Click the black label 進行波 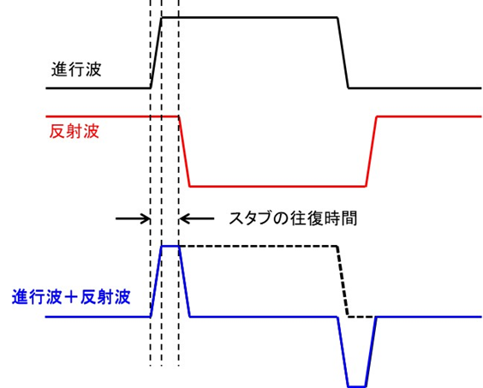(75, 69)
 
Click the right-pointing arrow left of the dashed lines (132, 218)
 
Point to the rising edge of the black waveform (156, 52)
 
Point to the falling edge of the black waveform (343, 52)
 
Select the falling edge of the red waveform (183, 151)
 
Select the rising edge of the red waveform (372, 151)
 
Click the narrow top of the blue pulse (170, 246)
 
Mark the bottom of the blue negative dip (357, 385)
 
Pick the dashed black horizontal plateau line (257, 246)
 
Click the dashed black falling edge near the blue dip (343, 281)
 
